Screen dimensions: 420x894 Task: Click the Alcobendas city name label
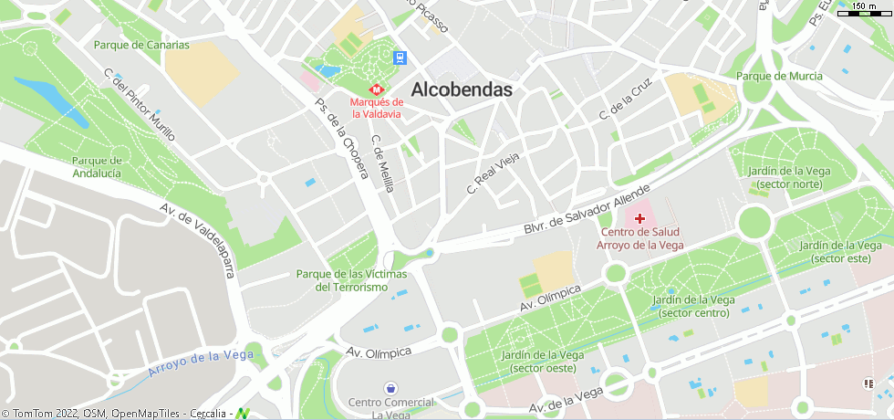coord(462,89)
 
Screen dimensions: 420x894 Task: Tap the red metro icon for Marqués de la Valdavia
coord(374,89)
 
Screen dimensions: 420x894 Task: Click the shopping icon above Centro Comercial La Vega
coord(390,388)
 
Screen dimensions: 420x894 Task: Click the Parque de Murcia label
coord(779,76)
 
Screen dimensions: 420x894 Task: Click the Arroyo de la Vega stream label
coord(200,362)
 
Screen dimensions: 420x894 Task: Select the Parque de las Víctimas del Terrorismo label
coord(351,280)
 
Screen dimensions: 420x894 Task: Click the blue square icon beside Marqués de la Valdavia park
coord(400,58)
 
